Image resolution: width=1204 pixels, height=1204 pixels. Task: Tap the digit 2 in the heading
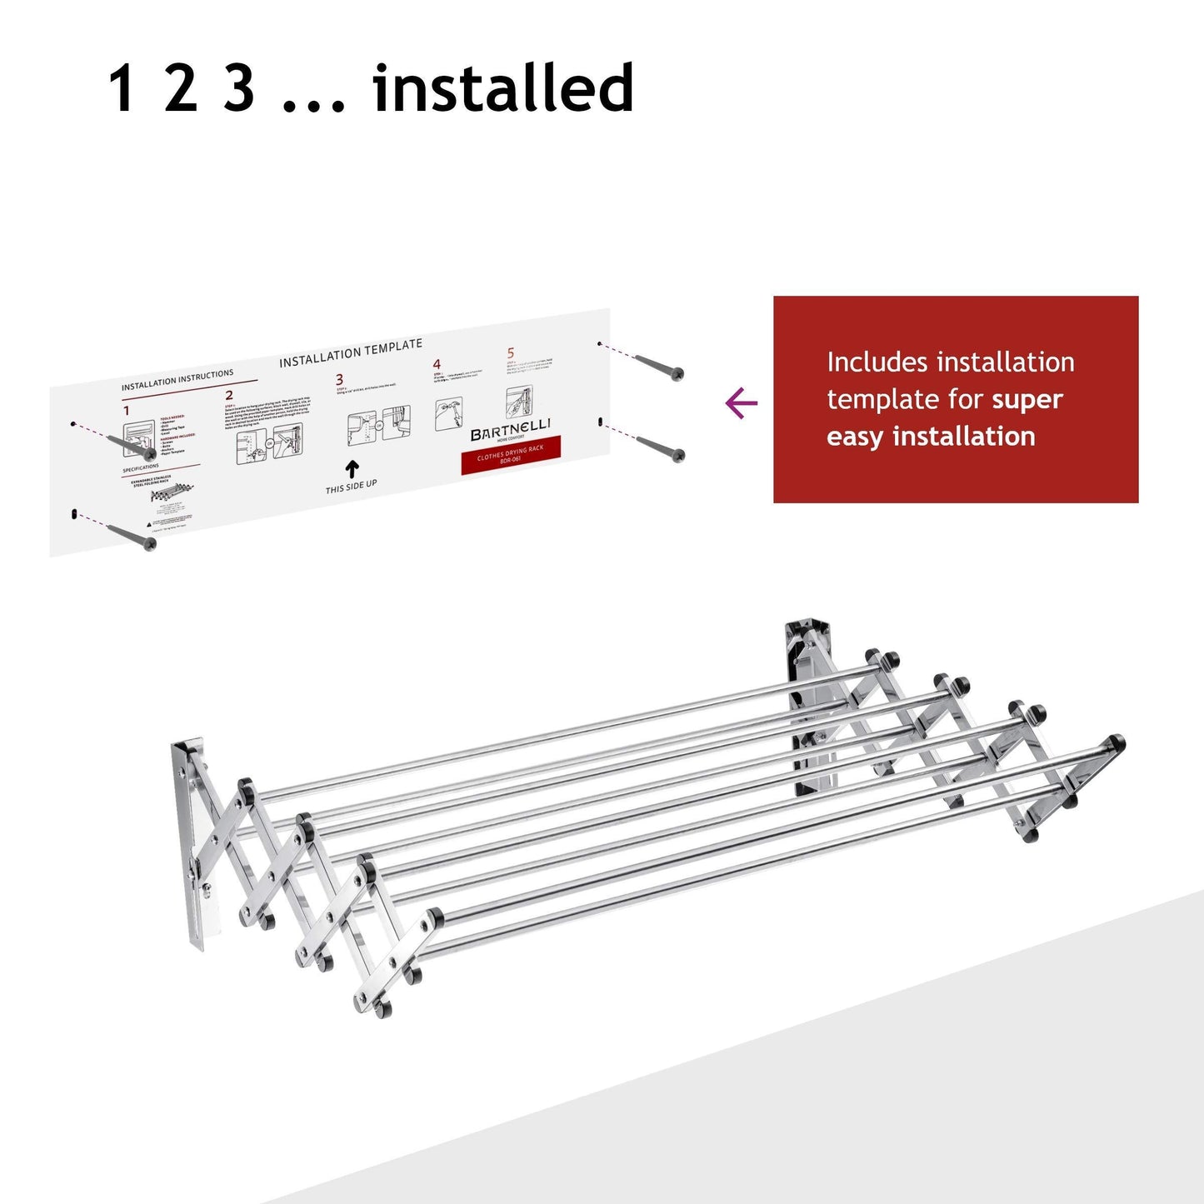coord(181,88)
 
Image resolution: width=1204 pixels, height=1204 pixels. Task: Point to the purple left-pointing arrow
coord(741,404)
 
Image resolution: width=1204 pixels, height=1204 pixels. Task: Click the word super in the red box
coord(1027,400)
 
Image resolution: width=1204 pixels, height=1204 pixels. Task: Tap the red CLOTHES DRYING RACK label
coord(510,454)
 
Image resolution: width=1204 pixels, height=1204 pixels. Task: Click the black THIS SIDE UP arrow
coord(352,470)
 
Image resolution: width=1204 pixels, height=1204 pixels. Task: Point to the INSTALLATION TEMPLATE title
coord(350,353)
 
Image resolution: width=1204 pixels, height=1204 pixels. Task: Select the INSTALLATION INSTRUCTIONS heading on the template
coord(177,380)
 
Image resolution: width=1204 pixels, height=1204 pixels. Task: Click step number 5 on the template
coord(511,353)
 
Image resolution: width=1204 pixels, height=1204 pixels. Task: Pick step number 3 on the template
coord(339,380)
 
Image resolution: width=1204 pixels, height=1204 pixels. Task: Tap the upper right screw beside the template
coord(659,367)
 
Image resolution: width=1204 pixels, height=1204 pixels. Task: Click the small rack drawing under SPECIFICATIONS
coord(172,494)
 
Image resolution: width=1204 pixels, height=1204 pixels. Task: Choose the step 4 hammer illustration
coord(449,414)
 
